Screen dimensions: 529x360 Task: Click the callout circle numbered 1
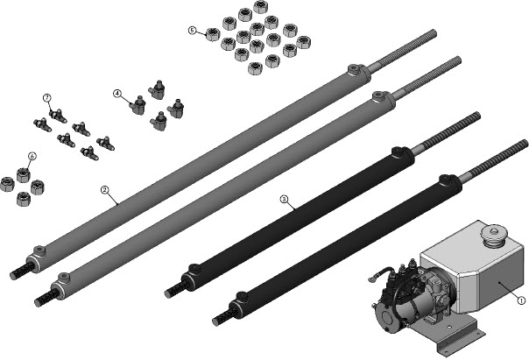coord(521,300)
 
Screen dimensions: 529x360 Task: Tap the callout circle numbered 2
coord(105,190)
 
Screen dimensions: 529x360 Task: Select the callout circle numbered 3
coord(284,200)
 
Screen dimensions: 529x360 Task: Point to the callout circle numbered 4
coord(117,93)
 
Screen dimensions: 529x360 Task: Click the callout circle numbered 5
coord(192,31)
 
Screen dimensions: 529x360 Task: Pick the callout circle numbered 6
coord(32,156)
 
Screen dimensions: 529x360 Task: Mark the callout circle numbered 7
coord(47,98)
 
